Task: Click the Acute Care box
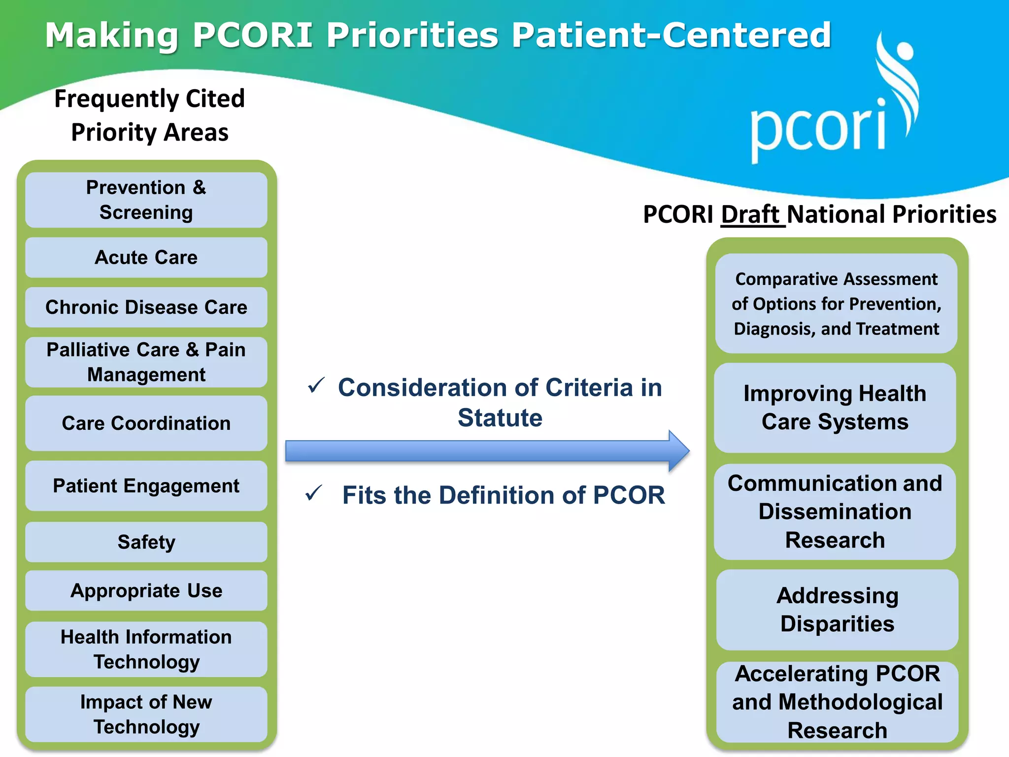pos(146,258)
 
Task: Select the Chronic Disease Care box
pos(146,308)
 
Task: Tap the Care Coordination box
pos(146,423)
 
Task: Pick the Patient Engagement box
pos(146,486)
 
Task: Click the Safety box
pos(146,542)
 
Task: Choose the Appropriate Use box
pos(146,590)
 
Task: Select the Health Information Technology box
pos(146,649)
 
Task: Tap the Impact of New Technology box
pos(146,714)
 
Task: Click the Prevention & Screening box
pos(146,200)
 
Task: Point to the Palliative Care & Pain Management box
pos(146,362)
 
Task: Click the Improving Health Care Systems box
pos(835,408)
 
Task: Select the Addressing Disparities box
pos(837,610)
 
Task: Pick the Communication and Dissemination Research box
pos(835,512)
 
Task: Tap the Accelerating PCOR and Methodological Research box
pos(837,702)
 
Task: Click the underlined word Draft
pos(752,215)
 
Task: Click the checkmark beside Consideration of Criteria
pos(316,385)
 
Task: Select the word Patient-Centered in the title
pos(671,35)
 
